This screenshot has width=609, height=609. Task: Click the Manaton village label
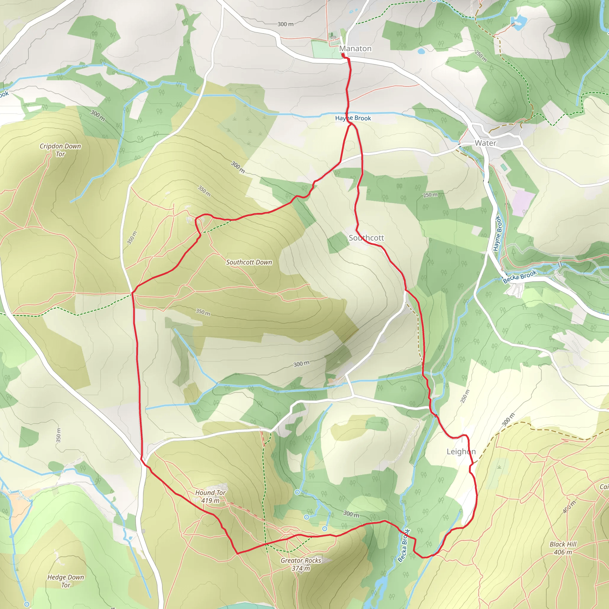355,48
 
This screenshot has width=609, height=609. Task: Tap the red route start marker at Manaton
343,55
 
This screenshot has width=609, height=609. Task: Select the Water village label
485,143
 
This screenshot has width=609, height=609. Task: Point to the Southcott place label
366,238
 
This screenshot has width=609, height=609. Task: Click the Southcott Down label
249,262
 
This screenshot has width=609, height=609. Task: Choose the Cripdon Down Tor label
60,150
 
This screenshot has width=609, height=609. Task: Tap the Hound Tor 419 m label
210,497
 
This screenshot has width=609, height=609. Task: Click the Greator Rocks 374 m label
301,564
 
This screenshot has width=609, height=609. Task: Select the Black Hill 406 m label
563,548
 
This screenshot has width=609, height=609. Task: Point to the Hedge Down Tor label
65,581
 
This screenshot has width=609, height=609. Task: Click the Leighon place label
461,452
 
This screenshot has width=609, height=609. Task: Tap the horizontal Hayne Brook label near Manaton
353,118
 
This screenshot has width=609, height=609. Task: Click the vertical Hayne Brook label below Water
497,233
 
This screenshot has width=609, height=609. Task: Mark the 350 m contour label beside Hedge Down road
59,435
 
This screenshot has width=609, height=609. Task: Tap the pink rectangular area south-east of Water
523,203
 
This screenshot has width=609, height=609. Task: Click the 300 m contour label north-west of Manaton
285,24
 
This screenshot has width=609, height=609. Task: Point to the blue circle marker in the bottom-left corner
27,604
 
